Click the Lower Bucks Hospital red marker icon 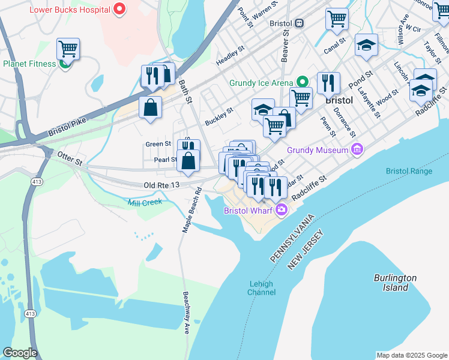point(119,10)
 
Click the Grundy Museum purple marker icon point(357,149)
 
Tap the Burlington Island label point(394,283)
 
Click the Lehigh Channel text point(261,288)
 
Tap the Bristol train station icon point(298,23)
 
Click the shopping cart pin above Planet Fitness point(68,49)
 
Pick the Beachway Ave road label point(186,312)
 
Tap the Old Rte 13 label point(161,186)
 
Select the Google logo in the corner point(20,353)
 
